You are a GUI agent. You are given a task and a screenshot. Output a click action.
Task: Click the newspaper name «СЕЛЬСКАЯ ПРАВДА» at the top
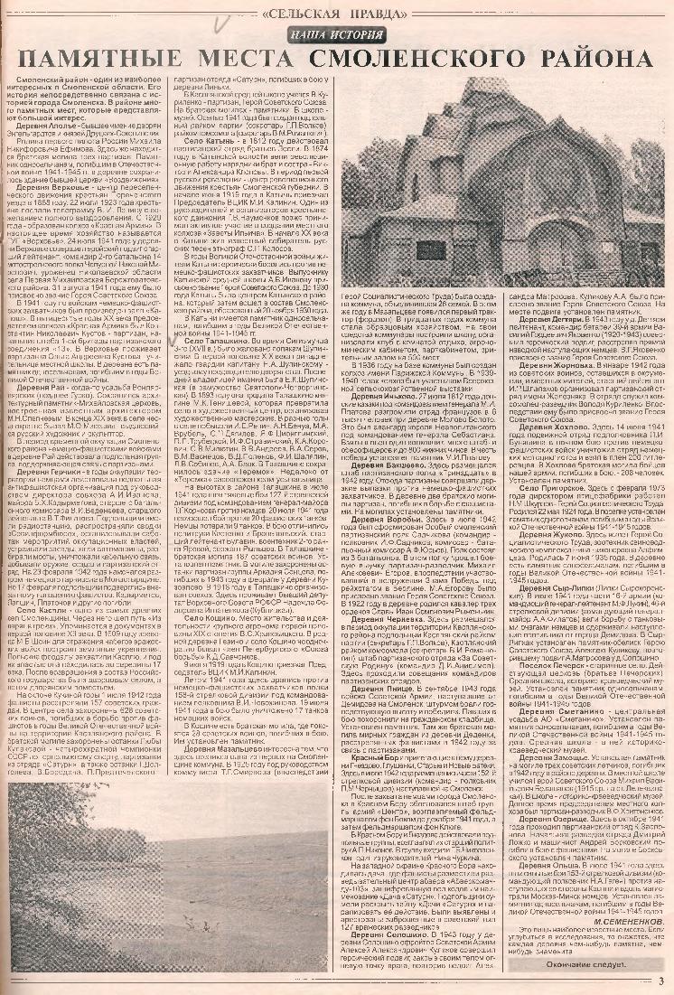338,14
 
